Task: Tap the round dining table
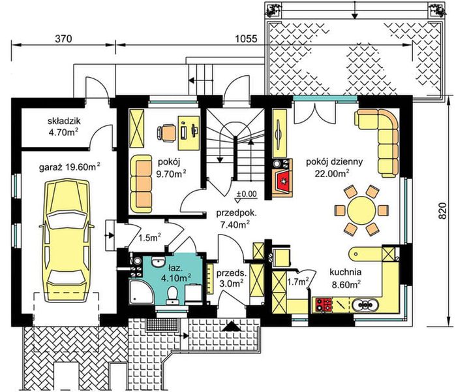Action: coord(361,210)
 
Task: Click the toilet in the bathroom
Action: coord(172,295)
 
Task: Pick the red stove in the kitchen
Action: coord(324,304)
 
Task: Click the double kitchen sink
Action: coord(365,305)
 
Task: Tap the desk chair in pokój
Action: coord(166,133)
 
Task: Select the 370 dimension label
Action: coord(64,39)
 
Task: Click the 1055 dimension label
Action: coord(247,39)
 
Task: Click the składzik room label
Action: coord(64,121)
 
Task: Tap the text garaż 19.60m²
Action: coord(70,167)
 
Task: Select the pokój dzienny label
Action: coord(335,162)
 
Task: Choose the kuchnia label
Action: coord(346,272)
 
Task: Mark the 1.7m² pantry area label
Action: coord(298,282)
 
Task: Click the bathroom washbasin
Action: coord(158,262)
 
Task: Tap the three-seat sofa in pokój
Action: coord(141,184)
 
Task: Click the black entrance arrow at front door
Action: coord(232,327)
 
